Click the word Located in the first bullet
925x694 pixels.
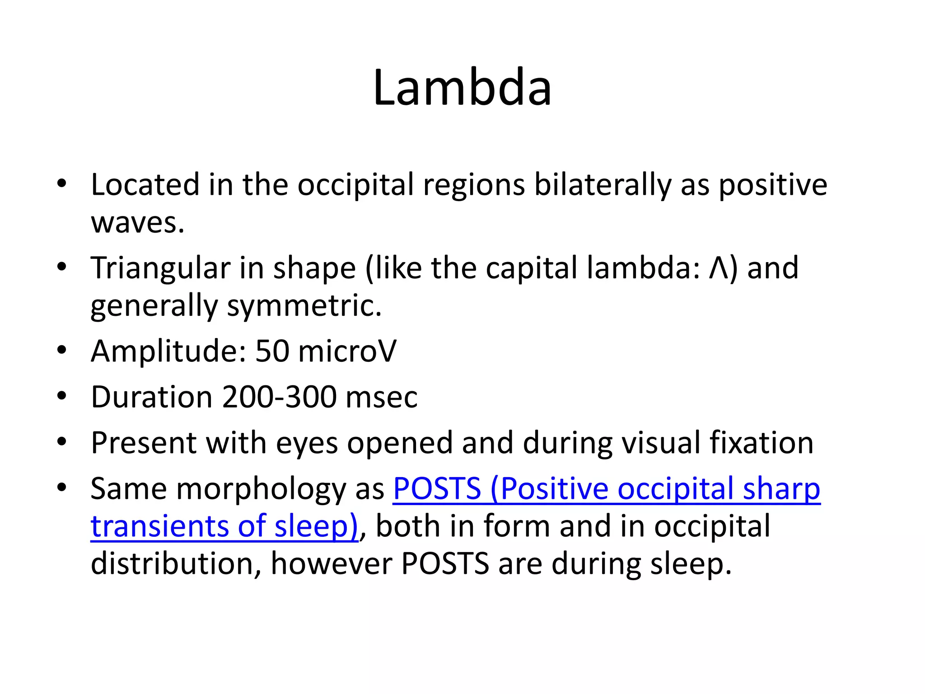[x=145, y=185]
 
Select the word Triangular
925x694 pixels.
[x=160, y=268]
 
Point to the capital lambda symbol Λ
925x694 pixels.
[x=719, y=268]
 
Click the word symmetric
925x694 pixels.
[x=304, y=306]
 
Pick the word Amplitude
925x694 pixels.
[x=168, y=351]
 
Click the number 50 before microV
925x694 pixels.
[x=272, y=351]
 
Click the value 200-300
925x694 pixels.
[x=279, y=397]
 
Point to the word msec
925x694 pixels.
[x=382, y=397]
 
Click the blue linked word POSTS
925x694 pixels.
[x=437, y=489]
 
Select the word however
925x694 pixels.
[x=331, y=564]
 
